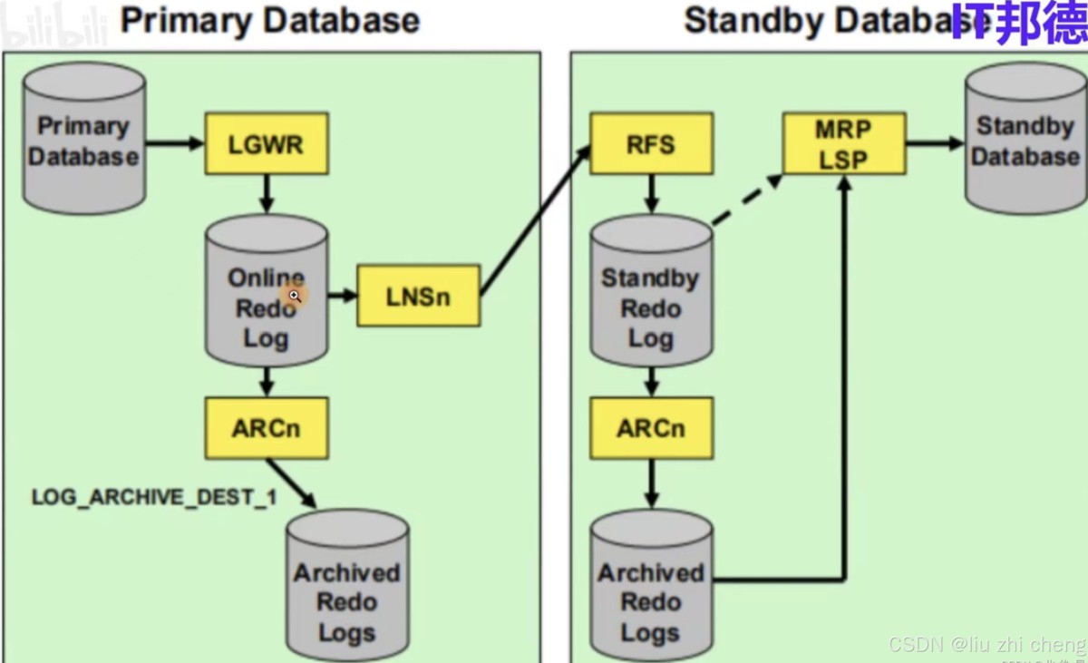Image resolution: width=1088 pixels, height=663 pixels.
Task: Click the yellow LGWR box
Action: tap(266, 144)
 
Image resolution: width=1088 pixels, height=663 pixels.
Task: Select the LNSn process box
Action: tap(418, 296)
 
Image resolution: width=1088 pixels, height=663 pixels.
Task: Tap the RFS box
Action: tap(651, 143)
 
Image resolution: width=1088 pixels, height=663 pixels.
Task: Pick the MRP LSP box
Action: tap(843, 143)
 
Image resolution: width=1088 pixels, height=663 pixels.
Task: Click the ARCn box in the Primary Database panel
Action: tap(266, 428)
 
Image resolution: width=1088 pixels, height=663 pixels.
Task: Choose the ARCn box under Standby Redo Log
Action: tap(651, 428)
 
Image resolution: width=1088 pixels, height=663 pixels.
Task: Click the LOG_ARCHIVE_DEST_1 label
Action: tap(154, 498)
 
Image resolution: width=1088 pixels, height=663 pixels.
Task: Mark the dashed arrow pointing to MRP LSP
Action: tap(747, 200)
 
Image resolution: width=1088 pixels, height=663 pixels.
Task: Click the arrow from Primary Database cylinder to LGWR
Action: tap(175, 143)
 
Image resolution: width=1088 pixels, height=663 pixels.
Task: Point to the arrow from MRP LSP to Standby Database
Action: tap(934, 143)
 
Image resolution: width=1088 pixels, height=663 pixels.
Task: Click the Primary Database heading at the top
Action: tap(269, 21)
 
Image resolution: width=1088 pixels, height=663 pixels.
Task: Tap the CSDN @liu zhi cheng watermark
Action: tap(986, 644)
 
